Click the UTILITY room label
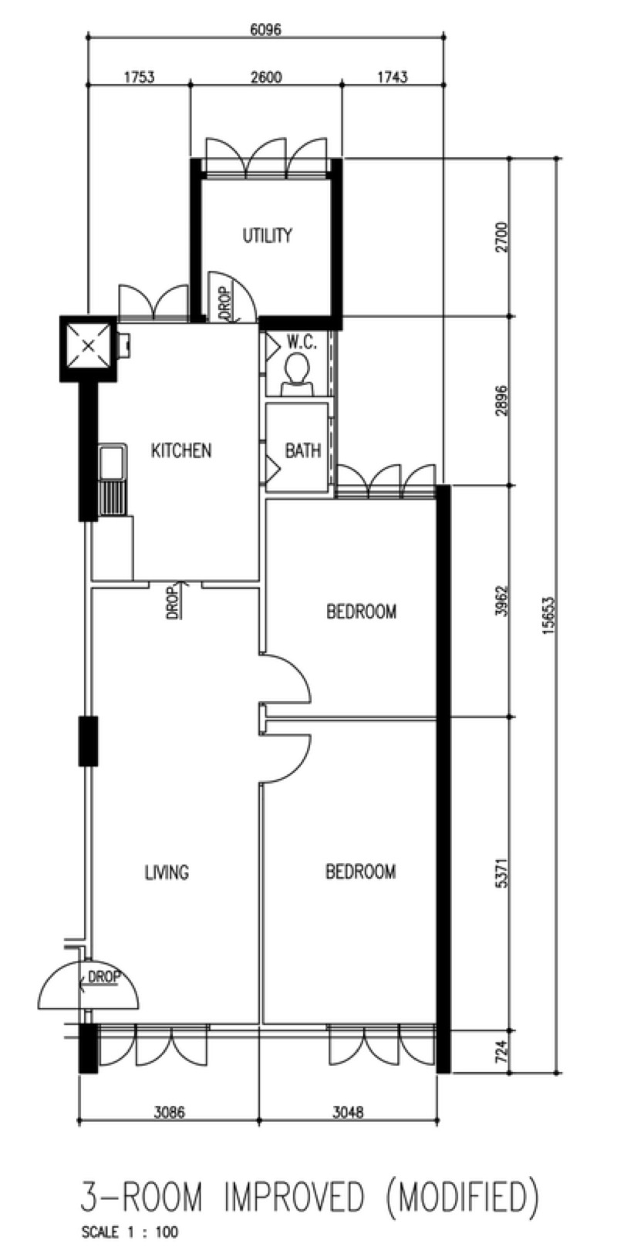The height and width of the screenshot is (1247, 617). tap(267, 235)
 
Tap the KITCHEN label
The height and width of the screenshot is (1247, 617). tap(181, 450)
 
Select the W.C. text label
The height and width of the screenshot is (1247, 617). tap(302, 343)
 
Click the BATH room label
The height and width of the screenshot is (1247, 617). tap(303, 450)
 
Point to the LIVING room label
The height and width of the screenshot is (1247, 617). tap(167, 871)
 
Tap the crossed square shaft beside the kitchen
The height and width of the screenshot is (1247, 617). tap(88, 348)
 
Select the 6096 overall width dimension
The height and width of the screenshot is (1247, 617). tap(265, 29)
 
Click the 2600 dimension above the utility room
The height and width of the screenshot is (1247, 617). tap(266, 77)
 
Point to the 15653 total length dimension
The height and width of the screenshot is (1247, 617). tap(549, 615)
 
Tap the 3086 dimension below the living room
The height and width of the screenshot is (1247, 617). tap(169, 1112)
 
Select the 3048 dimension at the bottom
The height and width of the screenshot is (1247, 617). tap(348, 1112)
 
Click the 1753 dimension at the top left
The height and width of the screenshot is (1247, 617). tap(139, 77)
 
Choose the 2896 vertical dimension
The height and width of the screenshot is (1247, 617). tap(502, 400)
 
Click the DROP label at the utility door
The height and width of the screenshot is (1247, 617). tap(225, 303)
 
